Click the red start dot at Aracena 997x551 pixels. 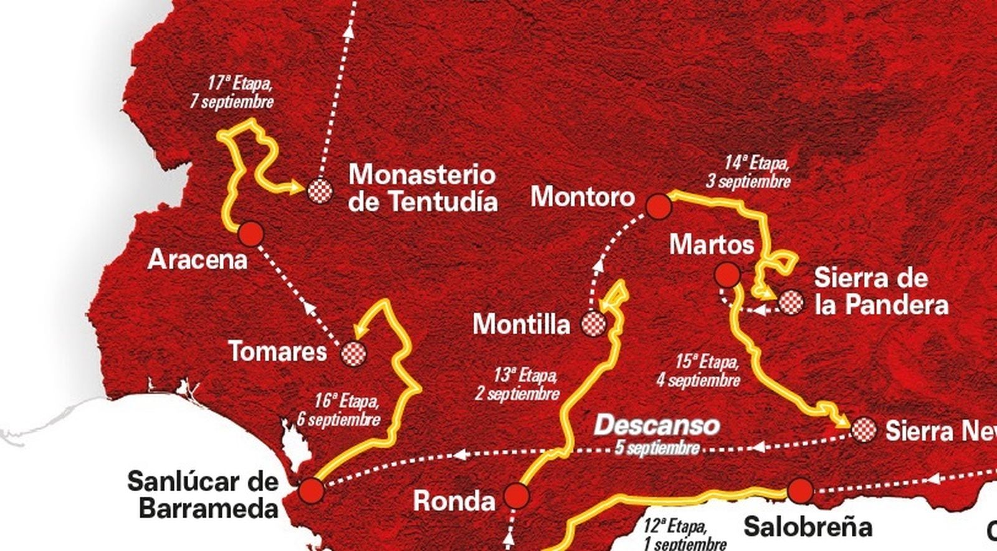(251, 233)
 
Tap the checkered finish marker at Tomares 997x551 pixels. (354, 353)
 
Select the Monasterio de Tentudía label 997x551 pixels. (422, 187)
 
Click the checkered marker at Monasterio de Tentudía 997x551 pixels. (320, 191)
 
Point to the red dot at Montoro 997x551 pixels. (659, 206)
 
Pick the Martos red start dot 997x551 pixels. (727, 274)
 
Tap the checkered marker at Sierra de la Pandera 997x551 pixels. (791, 303)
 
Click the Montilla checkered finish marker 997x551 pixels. (593, 323)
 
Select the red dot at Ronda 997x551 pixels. (517, 496)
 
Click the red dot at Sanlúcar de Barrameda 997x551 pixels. (311, 491)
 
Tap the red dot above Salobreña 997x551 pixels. (799, 490)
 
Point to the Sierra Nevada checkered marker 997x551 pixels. (864, 430)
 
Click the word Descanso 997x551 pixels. (656, 426)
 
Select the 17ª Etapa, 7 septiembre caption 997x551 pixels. (232, 92)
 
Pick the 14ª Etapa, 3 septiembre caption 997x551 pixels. (748, 172)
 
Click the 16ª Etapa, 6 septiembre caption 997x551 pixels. (338, 410)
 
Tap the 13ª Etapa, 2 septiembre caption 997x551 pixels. (517, 385)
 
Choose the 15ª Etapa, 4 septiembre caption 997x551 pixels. (698, 371)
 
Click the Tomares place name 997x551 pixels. (278, 352)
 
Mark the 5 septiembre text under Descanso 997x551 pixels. (656, 448)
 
